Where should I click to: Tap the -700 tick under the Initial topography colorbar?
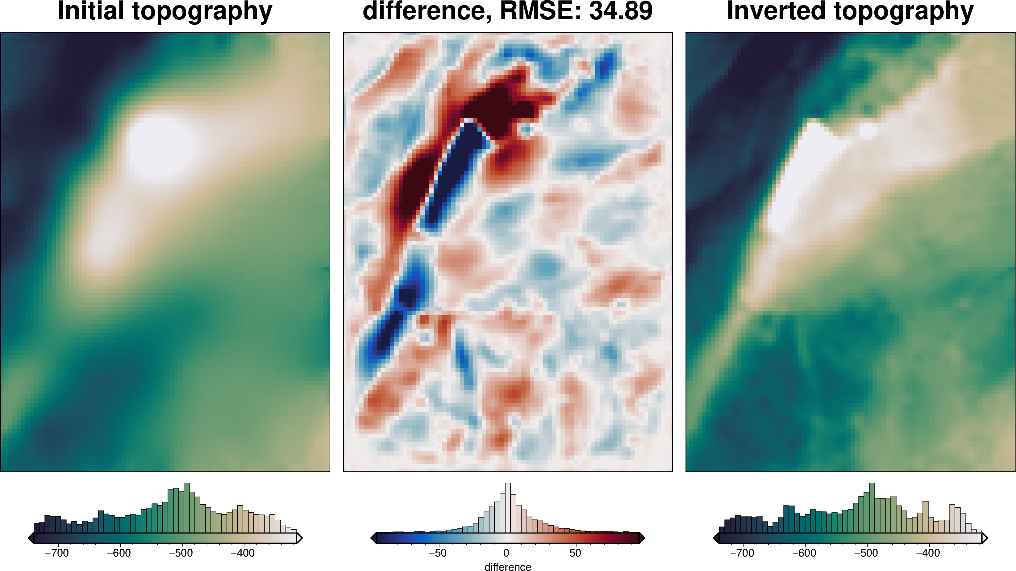pyautogui.click(x=57, y=553)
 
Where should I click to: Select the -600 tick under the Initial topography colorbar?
pyautogui.click(x=119, y=553)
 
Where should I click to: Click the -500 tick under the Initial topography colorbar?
pyautogui.click(x=181, y=553)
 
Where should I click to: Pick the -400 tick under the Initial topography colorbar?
pyautogui.click(x=243, y=553)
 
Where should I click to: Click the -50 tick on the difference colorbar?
pyautogui.click(x=438, y=553)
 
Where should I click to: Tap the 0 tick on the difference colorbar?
pyautogui.click(x=507, y=553)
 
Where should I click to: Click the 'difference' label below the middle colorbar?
pyautogui.click(x=508, y=567)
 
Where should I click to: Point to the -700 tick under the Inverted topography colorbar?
pyautogui.click(x=742, y=553)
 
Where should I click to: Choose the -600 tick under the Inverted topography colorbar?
pyautogui.click(x=804, y=553)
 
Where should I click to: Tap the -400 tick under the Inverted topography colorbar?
pyautogui.click(x=928, y=553)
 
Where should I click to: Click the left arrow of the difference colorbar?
pyautogui.click(x=373, y=538)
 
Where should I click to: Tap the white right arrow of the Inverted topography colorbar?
pyautogui.click(x=985, y=538)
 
